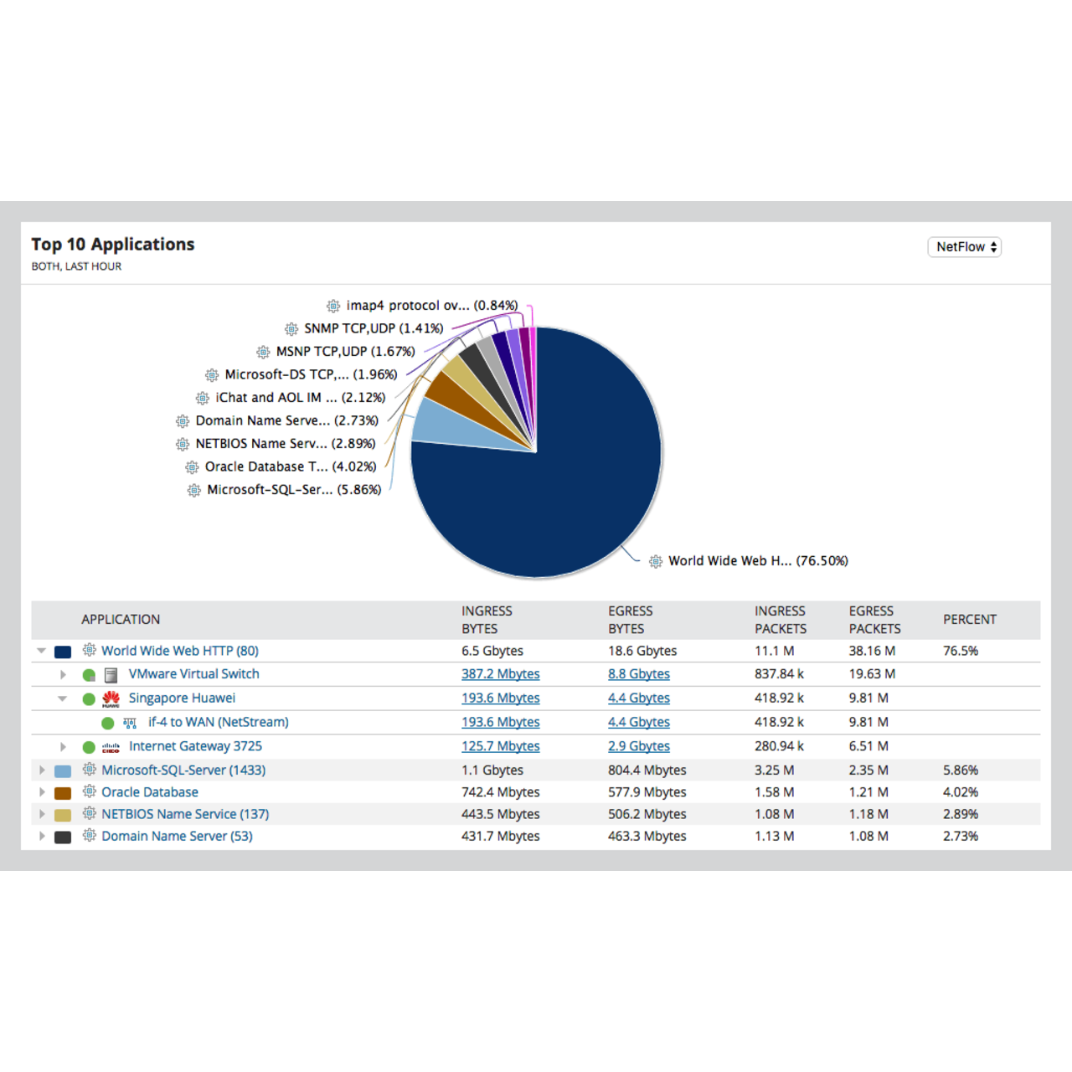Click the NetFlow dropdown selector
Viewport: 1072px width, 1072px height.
pyautogui.click(x=964, y=247)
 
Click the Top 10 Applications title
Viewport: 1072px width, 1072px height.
pyautogui.click(x=113, y=245)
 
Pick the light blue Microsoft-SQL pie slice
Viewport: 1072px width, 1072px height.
pyautogui.click(x=440, y=421)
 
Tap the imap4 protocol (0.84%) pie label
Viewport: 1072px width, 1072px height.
pyautogui.click(x=431, y=306)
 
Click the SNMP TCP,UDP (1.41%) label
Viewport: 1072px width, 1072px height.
pyautogui.click(x=373, y=328)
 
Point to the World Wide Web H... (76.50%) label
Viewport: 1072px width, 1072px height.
pyautogui.click(x=757, y=561)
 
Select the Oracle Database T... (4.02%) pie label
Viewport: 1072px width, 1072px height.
pyautogui.click(x=290, y=466)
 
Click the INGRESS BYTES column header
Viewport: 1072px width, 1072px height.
pyautogui.click(x=487, y=620)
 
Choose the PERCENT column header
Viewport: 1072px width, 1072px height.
pyautogui.click(x=969, y=620)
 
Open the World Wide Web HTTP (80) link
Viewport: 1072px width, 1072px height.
pyautogui.click(x=179, y=651)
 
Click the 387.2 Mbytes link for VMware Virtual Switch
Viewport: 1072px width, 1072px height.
pyautogui.click(x=500, y=674)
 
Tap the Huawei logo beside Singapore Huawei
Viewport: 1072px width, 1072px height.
pyautogui.click(x=111, y=698)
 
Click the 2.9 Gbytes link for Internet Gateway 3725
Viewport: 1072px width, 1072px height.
pyautogui.click(x=638, y=746)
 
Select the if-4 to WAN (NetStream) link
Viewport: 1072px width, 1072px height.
pyautogui.click(x=218, y=722)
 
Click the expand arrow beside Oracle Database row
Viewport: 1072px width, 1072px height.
pyautogui.click(x=42, y=792)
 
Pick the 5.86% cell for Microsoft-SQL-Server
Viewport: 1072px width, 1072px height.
pyautogui.click(x=960, y=770)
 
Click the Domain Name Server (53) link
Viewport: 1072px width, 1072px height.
pyautogui.click(x=177, y=836)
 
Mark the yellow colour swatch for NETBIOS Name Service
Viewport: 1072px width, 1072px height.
pyautogui.click(x=63, y=815)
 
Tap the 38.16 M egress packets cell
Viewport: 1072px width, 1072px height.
pyautogui.click(x=872, y=651)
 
